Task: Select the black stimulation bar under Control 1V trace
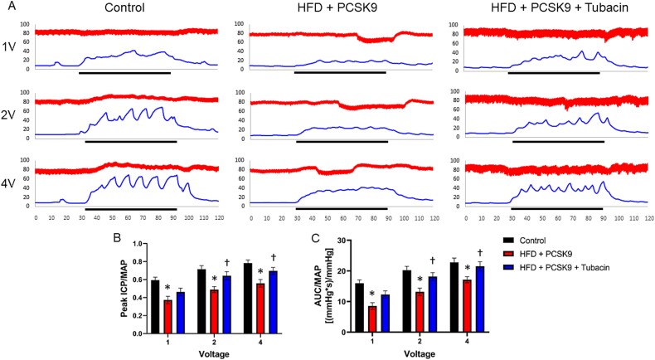pyautogui.click(x=124, y=73)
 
